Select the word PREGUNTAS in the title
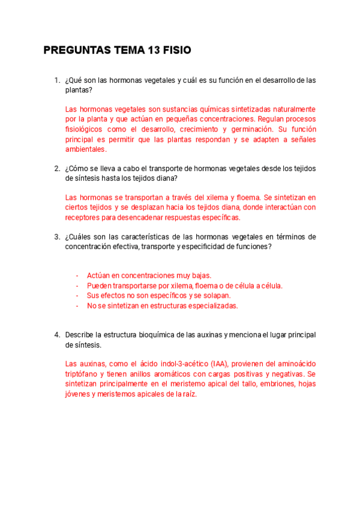pyautogui.click(x=77, y=50)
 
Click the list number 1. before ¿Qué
pyautogui.click(x=57, y=80)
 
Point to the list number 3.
pyautogui.click(x=57, y=236)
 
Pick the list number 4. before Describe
pyautogui.click(x=57, y=334)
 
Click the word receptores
pyautogui.click(x=83, y=217)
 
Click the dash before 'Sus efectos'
pyautogui.click(x=77, y=295)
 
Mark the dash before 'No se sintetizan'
pyautogui.click(x=77, y=306)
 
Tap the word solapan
pyautogui.click(x=217, y=295)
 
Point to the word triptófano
pyautogui.click(x=82, y=374)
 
